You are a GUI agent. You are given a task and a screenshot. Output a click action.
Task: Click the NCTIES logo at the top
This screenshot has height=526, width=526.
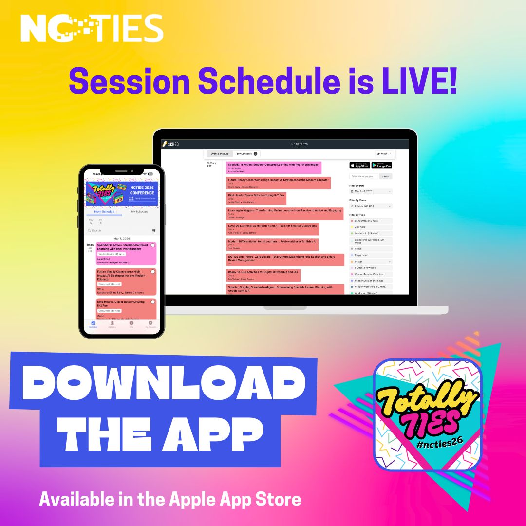(92, 28)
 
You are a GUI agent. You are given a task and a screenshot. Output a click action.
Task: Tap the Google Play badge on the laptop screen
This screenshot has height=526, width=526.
(381, 166)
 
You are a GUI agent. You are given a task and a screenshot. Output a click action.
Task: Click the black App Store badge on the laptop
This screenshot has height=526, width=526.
(359, 166)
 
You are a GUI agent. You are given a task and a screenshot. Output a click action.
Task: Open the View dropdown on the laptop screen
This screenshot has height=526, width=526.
(383, 154)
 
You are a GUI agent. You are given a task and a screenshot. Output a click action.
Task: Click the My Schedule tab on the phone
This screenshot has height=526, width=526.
(139, 212)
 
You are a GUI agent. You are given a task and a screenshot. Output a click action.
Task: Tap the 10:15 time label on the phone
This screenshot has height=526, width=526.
(90, 245)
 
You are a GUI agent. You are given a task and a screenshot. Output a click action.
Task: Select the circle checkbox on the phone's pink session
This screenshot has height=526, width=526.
(153, 245)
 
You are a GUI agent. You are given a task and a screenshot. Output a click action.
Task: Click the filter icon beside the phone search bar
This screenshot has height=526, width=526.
(154, 231)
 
